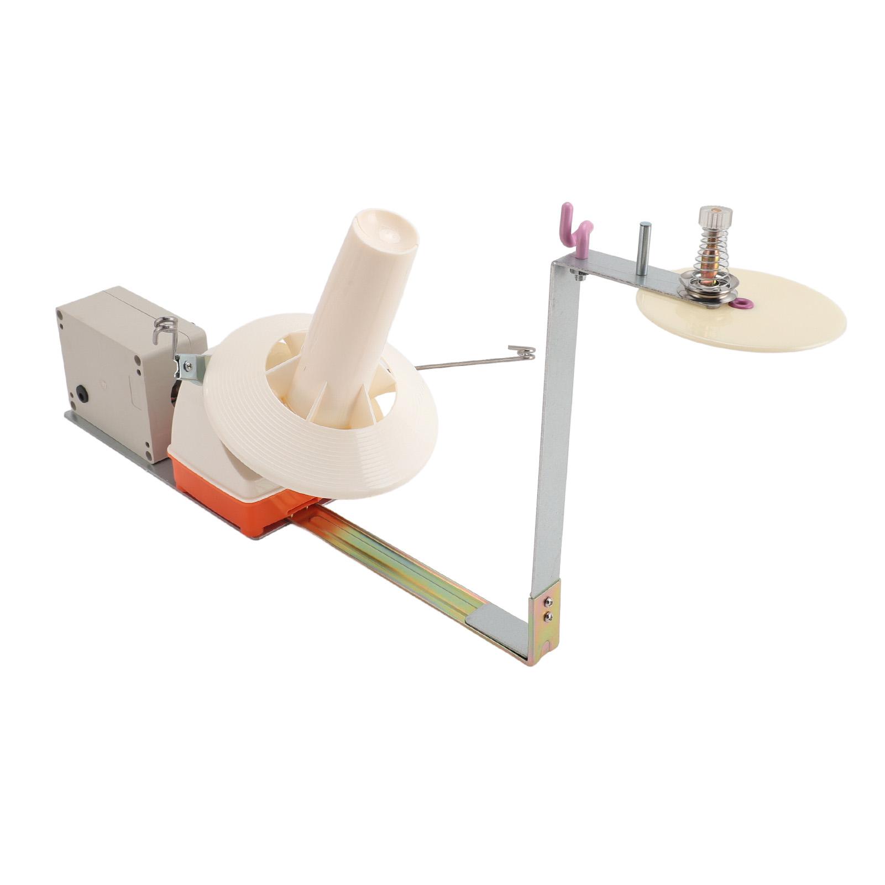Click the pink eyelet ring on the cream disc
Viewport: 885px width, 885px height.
(x=746, y=302)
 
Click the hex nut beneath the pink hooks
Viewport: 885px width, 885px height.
(x=578, y=275)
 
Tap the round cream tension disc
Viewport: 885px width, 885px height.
(x=774, y=326)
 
